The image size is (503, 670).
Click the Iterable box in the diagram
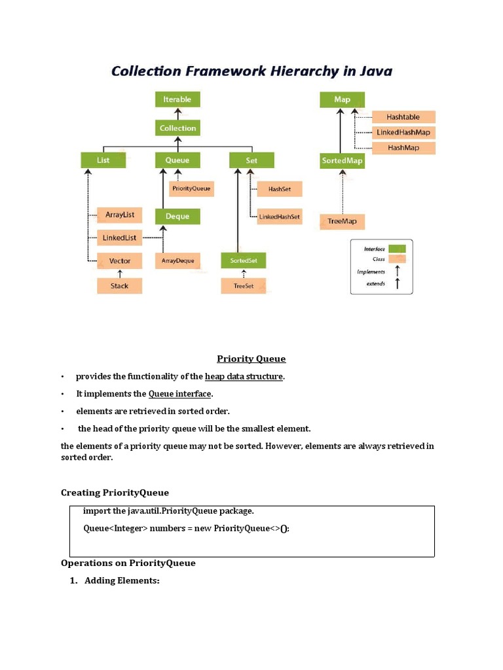tap(177, 99)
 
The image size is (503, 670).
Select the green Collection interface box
tap(177, 128)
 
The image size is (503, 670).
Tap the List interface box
tap(103, 160)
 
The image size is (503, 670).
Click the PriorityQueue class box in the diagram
tap(191, 188)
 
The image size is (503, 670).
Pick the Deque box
tap(177, 217)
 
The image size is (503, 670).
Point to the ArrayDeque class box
tap(178, 260)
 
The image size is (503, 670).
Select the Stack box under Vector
tap(120, 286)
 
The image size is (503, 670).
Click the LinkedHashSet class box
tap(280, 217)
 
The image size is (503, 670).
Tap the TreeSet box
tap(244, 286)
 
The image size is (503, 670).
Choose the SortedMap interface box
tap(342, 160)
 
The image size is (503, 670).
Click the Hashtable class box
tap(403, 117)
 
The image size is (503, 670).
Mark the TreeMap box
tap(342, 221)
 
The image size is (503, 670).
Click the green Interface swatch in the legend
tap(397, 249)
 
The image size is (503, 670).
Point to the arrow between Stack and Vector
tap(120, 273)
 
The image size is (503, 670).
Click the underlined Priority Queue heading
tap(251, 359)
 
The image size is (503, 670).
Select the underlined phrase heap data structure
tap(244, 376)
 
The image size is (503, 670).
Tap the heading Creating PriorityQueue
tap(115, 493)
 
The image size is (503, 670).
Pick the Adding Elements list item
tap(122, 580)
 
